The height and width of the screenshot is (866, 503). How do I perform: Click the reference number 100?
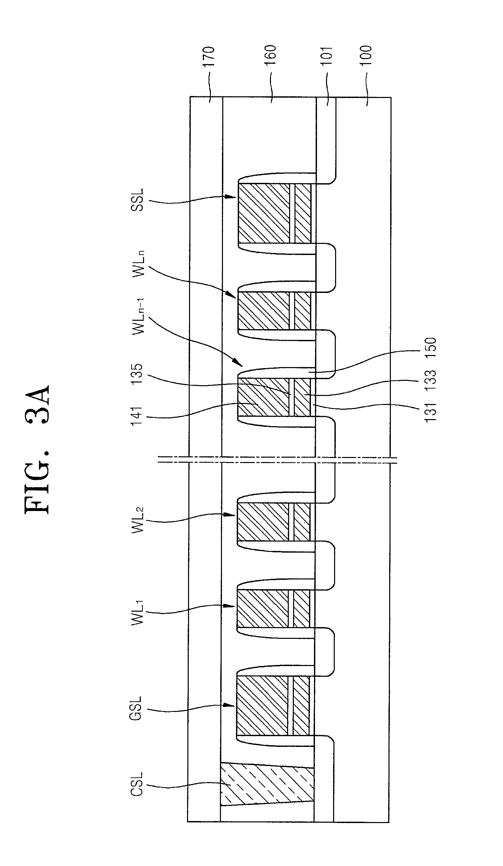(x=367, y=56)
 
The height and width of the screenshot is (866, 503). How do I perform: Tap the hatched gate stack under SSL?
(x=274, y=213)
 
